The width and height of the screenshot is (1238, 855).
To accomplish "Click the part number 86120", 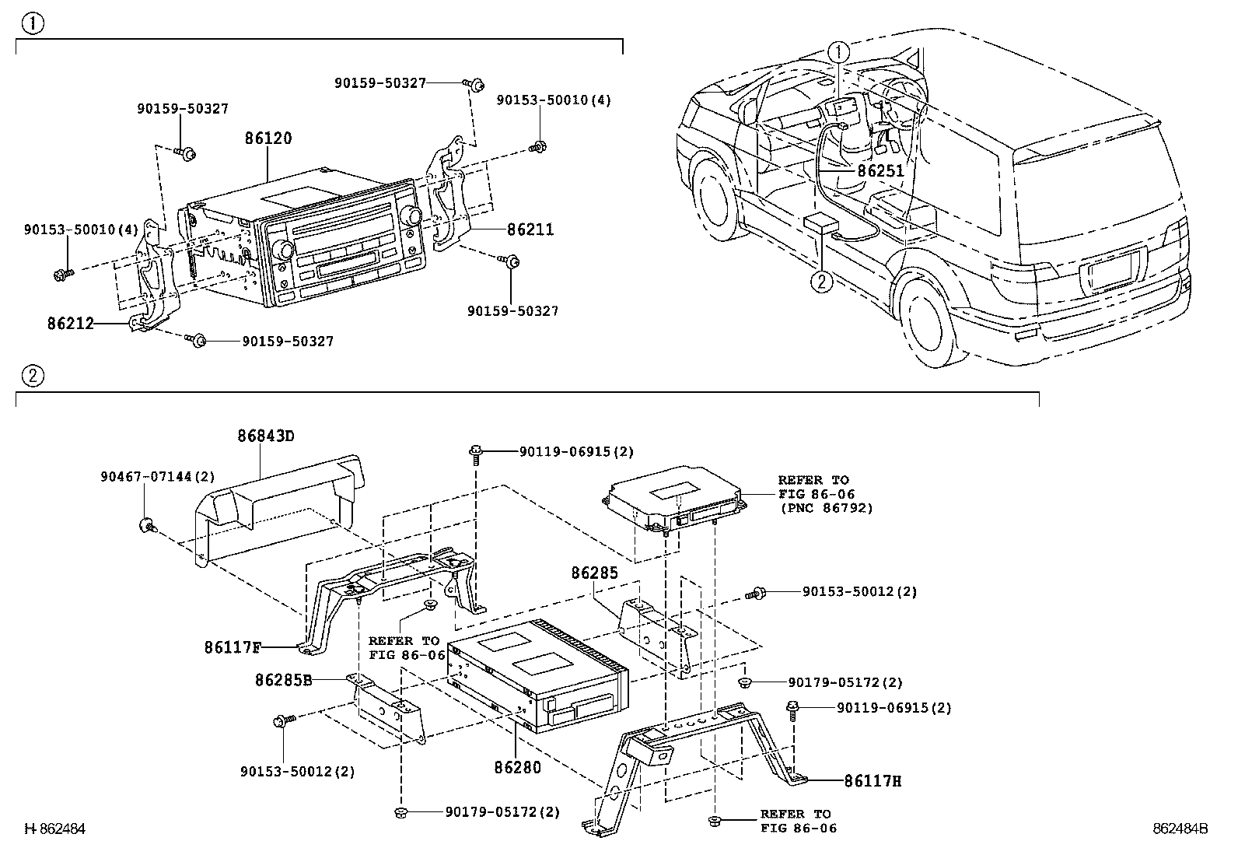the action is pyautogui.click(x=268, y=138).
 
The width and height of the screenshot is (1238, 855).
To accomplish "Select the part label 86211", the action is pyautogui.click(x=530, y=229).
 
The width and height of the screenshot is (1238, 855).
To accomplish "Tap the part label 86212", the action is pyautogui.click(x=71, y=323).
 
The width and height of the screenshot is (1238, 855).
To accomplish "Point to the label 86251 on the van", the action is pyautogui.click(x=880, y=171).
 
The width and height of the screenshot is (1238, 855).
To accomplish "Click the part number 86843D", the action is pyautogui.click(x=266, y=436).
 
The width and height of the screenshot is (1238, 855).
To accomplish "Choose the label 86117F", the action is pyautogui.click(x=233, y=647).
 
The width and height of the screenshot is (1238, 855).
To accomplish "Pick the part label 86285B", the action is pyautogui.click(x=284, y=680).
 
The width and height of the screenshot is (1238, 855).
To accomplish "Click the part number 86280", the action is pyautogui.click(x=517, y=767).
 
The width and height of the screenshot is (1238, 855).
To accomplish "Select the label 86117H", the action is pyautogui.click(x=873, y=781).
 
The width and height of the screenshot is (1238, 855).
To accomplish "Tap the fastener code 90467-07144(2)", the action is pyautogui.click(x=158, y=477).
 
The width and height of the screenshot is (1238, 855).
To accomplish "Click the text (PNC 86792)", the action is pyautogui.click(x=827, y=508).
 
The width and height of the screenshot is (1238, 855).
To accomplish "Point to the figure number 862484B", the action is pyautogui.click(x=1180, y=829).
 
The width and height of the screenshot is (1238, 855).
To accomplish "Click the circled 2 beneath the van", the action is pyautogui.click(x=821, y=282).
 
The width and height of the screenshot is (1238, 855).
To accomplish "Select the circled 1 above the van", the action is pyautogui.click(x=839, y=53).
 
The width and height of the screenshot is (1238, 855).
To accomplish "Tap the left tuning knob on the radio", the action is pyautogui.click(x=285, y=251).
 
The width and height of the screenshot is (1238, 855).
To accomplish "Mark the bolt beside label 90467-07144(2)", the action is pyautogui.click(x=148, y=525).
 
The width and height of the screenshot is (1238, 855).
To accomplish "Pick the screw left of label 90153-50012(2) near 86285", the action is pyautogui.click(x=755, y=594).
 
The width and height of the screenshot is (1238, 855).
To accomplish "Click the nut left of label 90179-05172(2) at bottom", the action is pyautogui.click(x=400, y=812).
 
